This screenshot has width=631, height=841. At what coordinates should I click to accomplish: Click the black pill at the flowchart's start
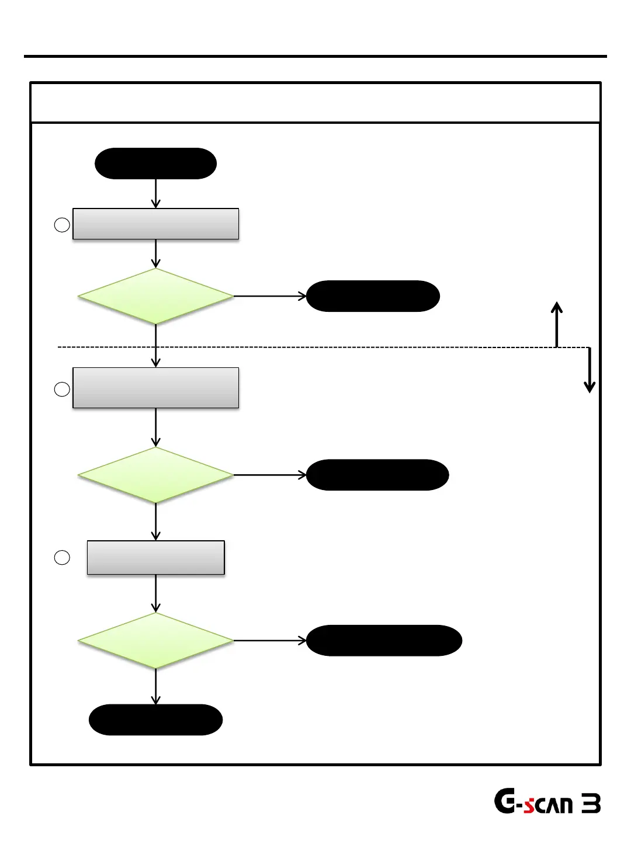click(x=155, y=164)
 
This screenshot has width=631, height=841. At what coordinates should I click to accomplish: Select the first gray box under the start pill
click(x=155, y=224)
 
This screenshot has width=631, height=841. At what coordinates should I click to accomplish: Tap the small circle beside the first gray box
click(x=62, y=225)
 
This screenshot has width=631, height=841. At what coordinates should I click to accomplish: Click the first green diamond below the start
click(x=155, y=296)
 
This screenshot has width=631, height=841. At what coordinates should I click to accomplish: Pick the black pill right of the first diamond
click(x=373, y=296)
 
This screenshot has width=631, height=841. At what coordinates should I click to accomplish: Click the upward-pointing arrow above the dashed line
click(x=557, y=324)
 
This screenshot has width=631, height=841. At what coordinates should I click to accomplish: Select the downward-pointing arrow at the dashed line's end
click(x=590, y=370)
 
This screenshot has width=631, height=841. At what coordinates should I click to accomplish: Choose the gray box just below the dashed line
click(x=155, y=388)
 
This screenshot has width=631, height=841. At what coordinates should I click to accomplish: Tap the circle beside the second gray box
click(x=62, y=389)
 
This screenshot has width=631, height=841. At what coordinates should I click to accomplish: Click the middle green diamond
click(x=155, y=475)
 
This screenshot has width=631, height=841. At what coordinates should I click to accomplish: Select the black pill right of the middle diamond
click(x=377, y=475)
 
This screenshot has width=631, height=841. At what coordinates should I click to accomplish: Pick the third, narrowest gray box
click(x=155, y=558)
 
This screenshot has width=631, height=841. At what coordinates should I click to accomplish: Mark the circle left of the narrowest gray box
click(x=62, y=558)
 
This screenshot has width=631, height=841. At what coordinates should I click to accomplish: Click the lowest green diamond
click(x=155, y=641)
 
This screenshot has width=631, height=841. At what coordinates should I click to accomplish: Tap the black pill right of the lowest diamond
click(x=384, y=641)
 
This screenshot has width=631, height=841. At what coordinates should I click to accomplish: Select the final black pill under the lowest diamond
click(x=155, y=720)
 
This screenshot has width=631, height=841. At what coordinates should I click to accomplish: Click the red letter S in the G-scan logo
click(x=529, y=806)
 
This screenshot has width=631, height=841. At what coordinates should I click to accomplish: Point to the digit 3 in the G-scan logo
click(x=591, y=804)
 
